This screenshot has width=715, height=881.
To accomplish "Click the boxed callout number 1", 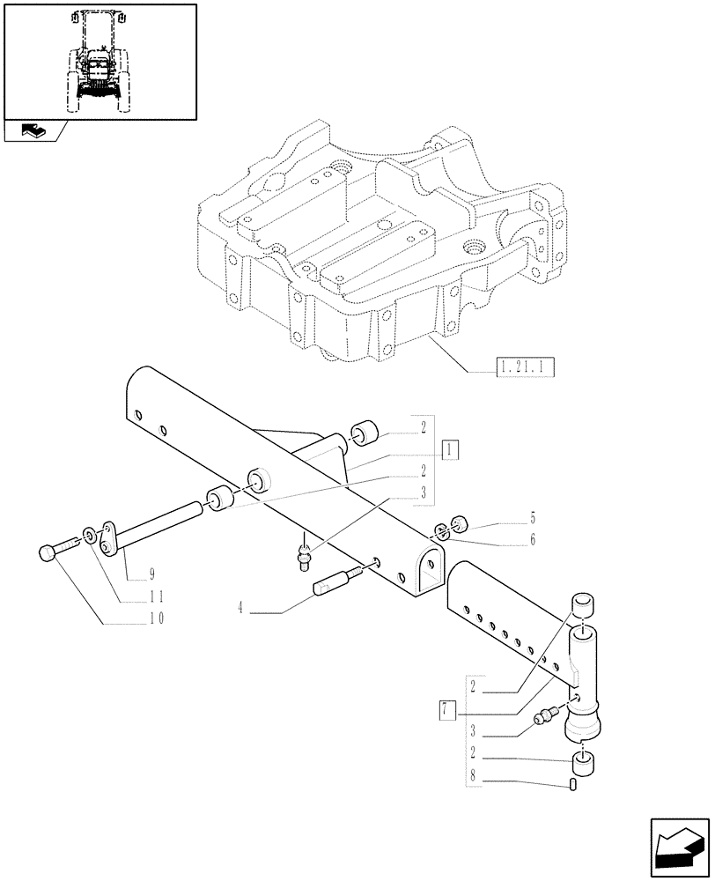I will click(x=450, y=450).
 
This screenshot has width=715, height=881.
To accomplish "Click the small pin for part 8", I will click(x=573, y=784).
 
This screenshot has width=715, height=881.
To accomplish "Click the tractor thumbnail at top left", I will click(x=100, y=61).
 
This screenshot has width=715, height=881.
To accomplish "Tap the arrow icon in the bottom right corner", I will click(x=679, y=844).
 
